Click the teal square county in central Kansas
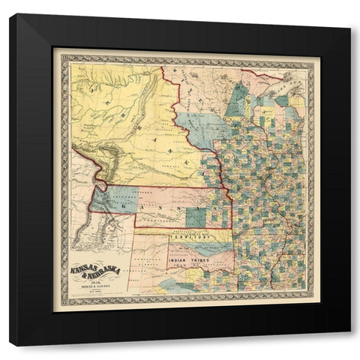195,217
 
